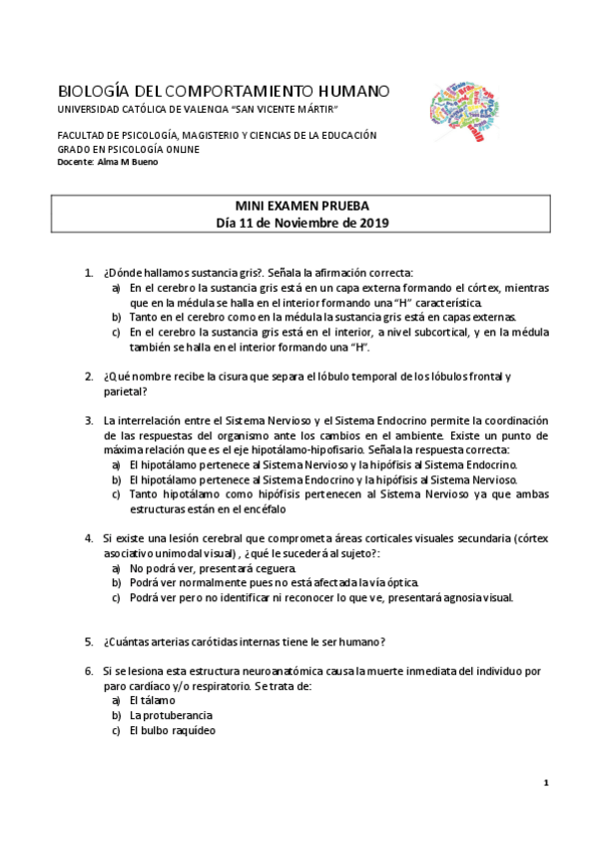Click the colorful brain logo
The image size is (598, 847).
463,108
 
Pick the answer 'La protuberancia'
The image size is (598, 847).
171,715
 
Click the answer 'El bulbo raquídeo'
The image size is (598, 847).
172,729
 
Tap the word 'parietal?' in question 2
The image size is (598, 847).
125,392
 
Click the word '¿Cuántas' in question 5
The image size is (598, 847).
126,641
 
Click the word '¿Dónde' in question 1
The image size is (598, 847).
123,273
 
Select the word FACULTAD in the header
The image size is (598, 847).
83,135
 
